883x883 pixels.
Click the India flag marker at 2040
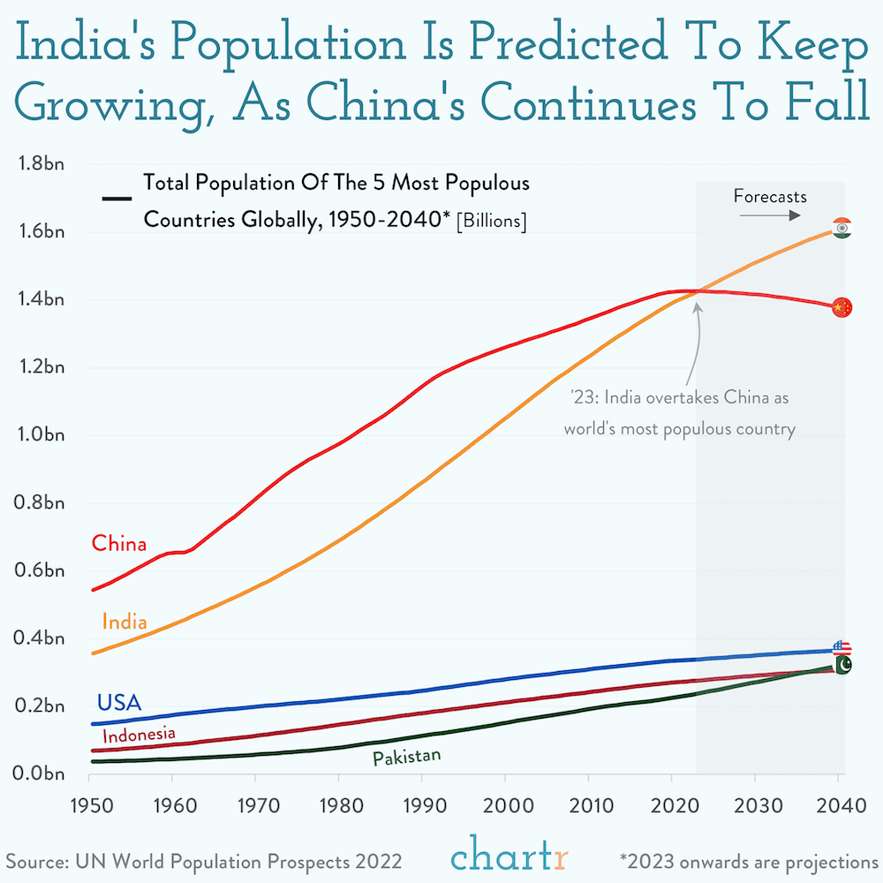pyautogui.click(x=841, y=228)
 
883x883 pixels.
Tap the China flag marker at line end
pyautogui.click(x=841, y=306)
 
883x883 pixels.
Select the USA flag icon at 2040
pyautogui.click(x=841, y=649)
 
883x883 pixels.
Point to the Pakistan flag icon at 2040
pyautogui.click(x=842, y=665)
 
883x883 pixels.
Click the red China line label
pyautogui.click(x=119, y=543)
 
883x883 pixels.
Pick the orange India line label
pyautogui.click(x=125, y=622)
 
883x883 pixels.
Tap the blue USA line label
pyautogui.click(x=119, y=703)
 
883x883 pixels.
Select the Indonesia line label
pyautogui.click(x=139, y=734)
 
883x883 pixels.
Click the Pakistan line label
pyautogui.click(x=406, y=758)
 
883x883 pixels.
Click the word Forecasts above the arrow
pyautogui.click(x=770, y=196)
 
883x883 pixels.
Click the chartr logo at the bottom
pyautogui.click(x=510, y=855)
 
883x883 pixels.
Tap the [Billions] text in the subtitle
pyautogui.click(x=491, y=221)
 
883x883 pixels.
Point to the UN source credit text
pyautogui.click(x=205, y=860)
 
